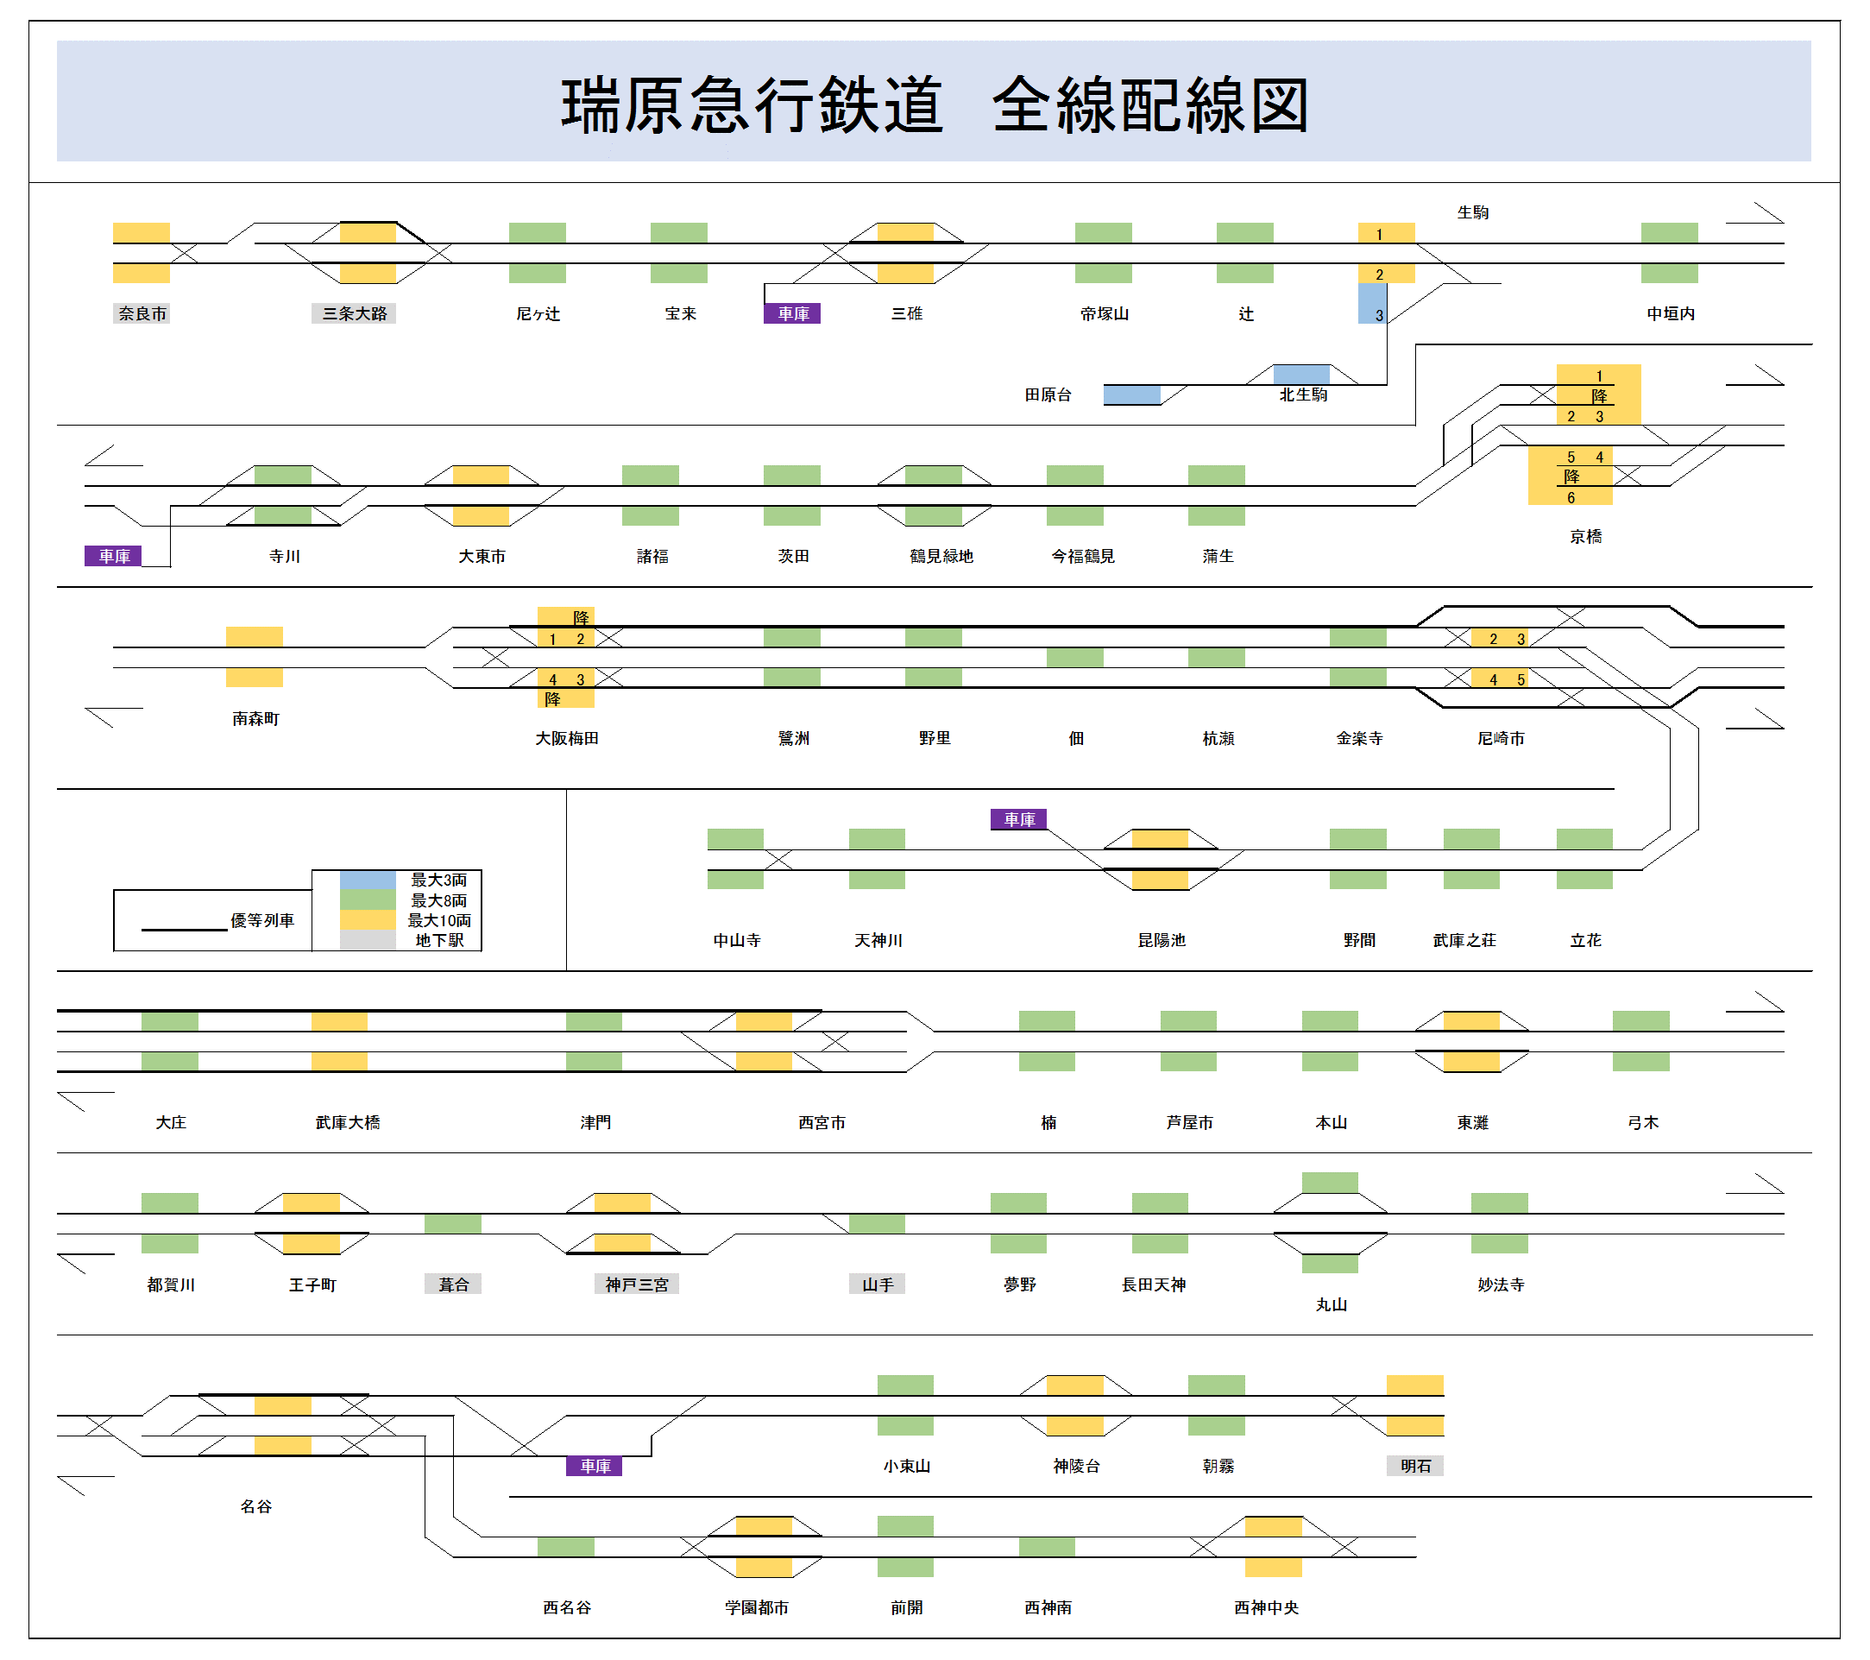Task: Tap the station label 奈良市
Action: [142, 314]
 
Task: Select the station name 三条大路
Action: [354, 314]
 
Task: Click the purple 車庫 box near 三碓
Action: [792, 314]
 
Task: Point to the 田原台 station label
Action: [1048, 394]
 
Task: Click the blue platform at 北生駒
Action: [1301, 375]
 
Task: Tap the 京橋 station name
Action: [1585, 536]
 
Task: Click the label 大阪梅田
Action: [566, 738]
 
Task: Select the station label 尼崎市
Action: [1501, 738]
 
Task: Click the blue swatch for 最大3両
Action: [368, 880]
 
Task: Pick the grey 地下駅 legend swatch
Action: [368, 940]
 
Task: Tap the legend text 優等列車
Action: [261, 920]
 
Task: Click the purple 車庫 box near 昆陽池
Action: [1019, 819]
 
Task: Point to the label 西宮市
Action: [822, 1123]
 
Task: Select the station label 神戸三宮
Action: [637, 1284]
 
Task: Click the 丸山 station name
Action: [1332, 1305]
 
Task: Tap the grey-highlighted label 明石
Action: [1415, 1466]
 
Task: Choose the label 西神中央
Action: [1266, 1608]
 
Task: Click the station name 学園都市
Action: [757, 1608]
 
